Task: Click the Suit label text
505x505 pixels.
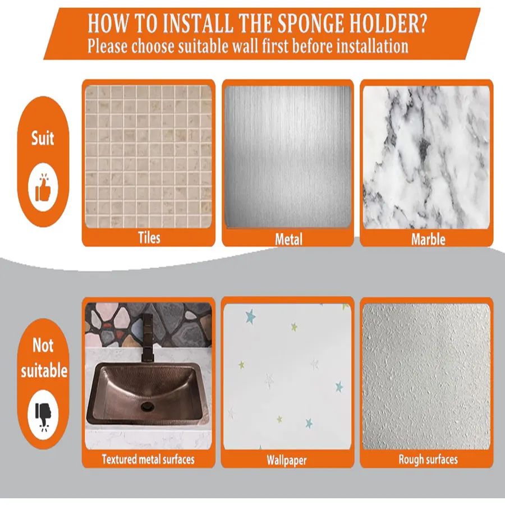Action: click(x=43, y=138)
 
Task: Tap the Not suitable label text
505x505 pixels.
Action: click(x=44, y=358)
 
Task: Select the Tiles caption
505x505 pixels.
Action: click(x=149, y=238)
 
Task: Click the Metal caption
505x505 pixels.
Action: click(x=288, y=239)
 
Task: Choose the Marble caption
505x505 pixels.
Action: click(x=428, y=239)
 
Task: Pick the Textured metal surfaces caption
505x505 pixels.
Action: click(x=148, y=459)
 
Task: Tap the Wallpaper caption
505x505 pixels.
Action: click(x=287, y=460)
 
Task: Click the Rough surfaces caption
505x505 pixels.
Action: click(x=428, y=460)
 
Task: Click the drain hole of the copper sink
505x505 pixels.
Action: click(x=148, y=406)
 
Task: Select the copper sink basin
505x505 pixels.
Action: click(x=148, y=394)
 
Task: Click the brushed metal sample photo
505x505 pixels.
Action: click(x=288, y=157)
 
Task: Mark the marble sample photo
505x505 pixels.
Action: click(x=426, y=157)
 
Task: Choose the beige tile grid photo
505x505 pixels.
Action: click(x=149, y=157)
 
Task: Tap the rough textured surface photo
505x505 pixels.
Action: click(x=426, y=376)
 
